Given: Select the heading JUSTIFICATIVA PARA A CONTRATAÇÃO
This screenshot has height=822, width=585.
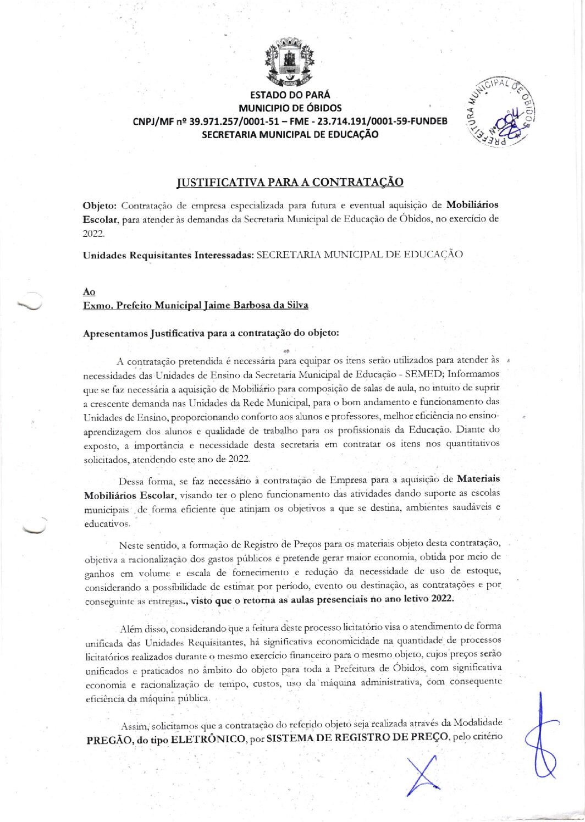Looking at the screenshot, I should tap(290, 182).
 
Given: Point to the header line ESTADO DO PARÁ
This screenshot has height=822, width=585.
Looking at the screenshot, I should tap(290, 95).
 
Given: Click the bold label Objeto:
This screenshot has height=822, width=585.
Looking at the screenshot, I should tap(100, 206).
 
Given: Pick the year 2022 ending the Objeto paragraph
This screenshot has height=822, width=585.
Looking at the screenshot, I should tap(93, 233).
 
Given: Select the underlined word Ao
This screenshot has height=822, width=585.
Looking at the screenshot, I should tap(89, 291).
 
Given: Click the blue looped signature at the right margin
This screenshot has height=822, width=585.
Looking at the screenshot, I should tap(542, 737).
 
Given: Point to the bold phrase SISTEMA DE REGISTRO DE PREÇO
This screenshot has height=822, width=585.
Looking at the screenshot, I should tap(357, 738).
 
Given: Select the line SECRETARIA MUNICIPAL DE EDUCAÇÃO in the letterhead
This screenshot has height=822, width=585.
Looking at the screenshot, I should tap(290, 134).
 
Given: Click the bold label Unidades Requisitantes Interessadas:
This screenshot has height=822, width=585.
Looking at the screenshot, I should tap(168, 255).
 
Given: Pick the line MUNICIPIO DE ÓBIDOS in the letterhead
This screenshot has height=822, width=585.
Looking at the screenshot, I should tap(290, 108).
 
